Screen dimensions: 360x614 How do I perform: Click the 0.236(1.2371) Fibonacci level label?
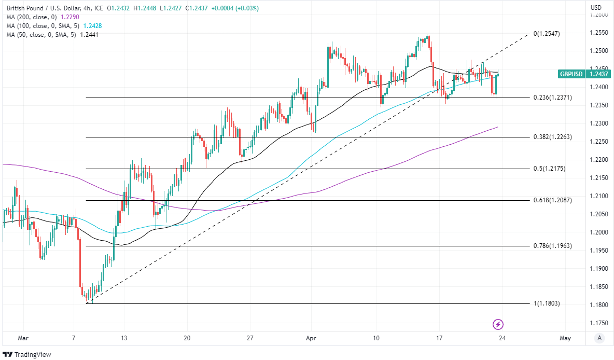click(x=552, y=98)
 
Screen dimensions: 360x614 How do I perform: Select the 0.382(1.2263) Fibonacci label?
click(x=552, y=137)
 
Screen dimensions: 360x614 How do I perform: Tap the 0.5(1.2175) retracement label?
click(x=550, y=169)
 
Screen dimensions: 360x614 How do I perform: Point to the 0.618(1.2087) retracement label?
click(x=552, y=200)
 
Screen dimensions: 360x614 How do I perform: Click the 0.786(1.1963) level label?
click(x=552, y=246)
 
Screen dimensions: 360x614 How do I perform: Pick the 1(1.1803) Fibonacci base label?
click(x=547, y=303)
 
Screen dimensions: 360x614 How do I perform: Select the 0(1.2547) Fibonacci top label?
click(x=547, y=34)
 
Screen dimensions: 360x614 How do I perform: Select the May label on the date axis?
click(x=566, y=338)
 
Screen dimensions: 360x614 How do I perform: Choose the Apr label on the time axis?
click(x=311, y=338)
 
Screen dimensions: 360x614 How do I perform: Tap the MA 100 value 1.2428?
click(x=91, y=26)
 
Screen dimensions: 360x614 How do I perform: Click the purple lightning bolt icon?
click(x=498, y=324)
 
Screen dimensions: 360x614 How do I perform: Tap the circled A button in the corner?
click(x=599, y=338)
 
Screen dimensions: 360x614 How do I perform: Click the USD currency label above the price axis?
click(x=596, y=8)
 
